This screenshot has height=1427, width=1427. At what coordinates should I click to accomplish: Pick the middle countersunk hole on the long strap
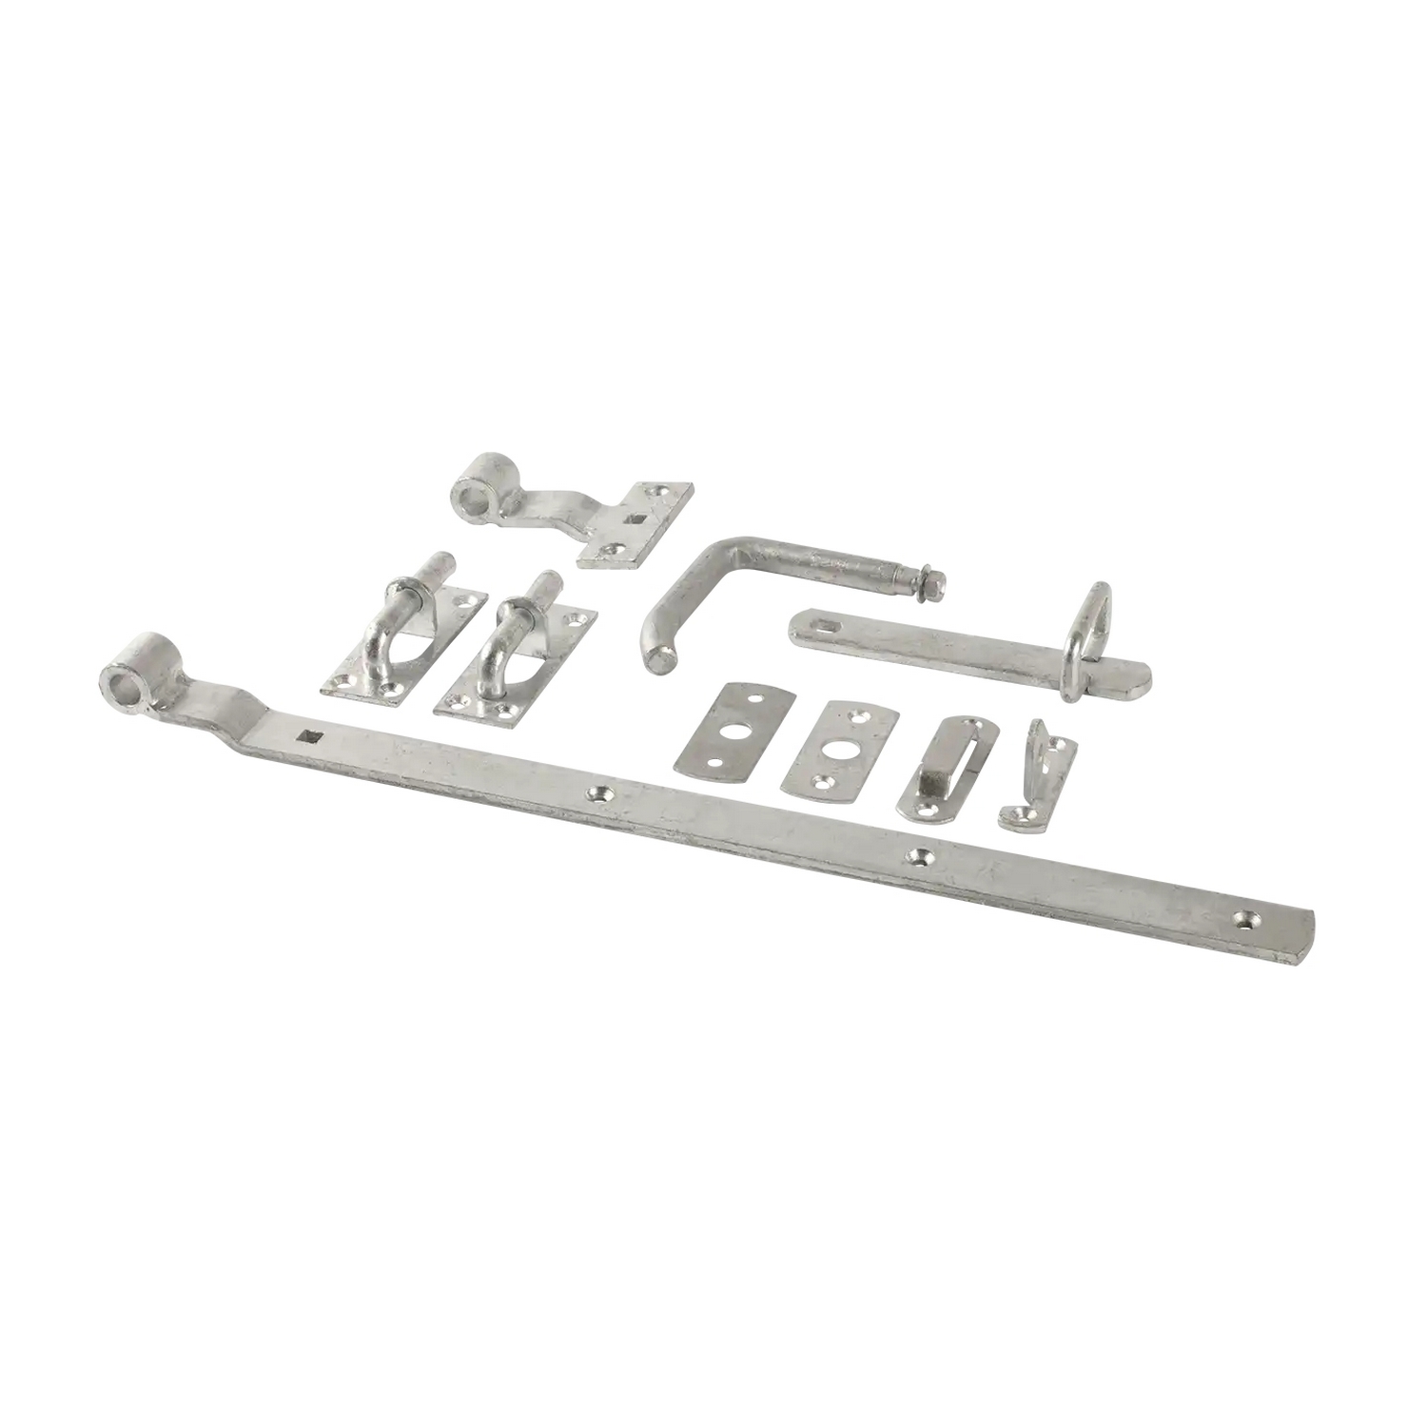[918, 856]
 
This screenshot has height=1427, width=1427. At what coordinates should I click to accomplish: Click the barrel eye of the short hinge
[469, 495]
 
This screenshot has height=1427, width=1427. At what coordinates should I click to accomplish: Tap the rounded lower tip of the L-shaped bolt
[655, 659]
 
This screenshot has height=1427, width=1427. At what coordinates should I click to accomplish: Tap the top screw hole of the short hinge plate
[665, 493]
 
